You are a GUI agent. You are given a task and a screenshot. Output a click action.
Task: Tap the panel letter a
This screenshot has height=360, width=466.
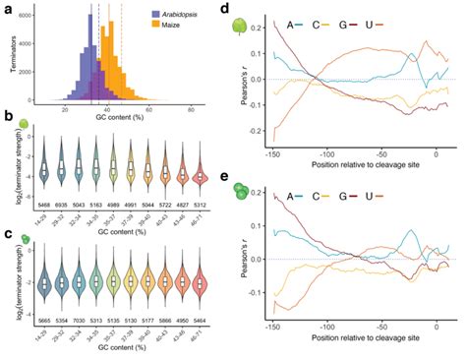pos(9,8)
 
